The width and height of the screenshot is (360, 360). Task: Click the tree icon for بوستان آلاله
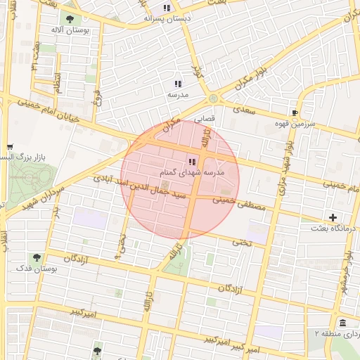(69, 19)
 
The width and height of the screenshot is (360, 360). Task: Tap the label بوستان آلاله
(69, 31)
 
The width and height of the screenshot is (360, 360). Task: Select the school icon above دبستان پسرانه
(167, 8)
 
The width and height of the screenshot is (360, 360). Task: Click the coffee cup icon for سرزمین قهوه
(295, 112)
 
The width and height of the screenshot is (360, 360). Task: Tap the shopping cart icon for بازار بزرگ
(9, 147)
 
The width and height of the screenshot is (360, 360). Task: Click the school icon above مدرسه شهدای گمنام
(192, 162)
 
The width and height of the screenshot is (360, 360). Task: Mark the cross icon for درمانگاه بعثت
(332, 217)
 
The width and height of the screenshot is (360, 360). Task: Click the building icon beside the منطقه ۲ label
(342, 323)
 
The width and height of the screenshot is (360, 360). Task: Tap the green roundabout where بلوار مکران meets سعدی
(213, 99)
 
